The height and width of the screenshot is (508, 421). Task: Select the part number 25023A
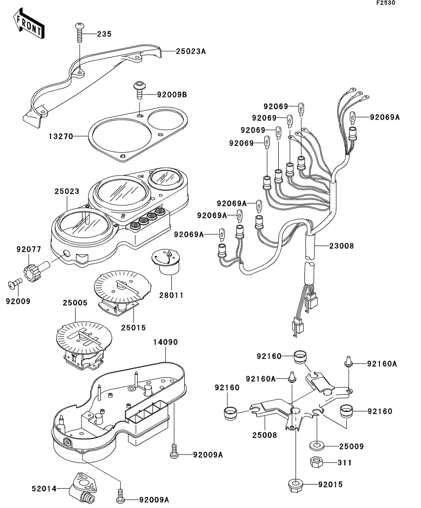tap(190, 52)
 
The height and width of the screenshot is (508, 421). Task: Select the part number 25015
tap(134, 327)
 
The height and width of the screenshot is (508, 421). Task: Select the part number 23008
tap(341, 246)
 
